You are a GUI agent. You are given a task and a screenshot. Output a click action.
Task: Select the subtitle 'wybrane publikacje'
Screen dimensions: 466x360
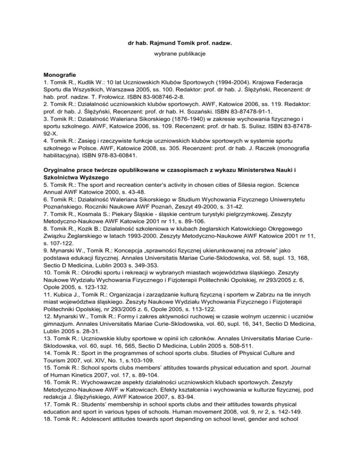pos(180,55)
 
